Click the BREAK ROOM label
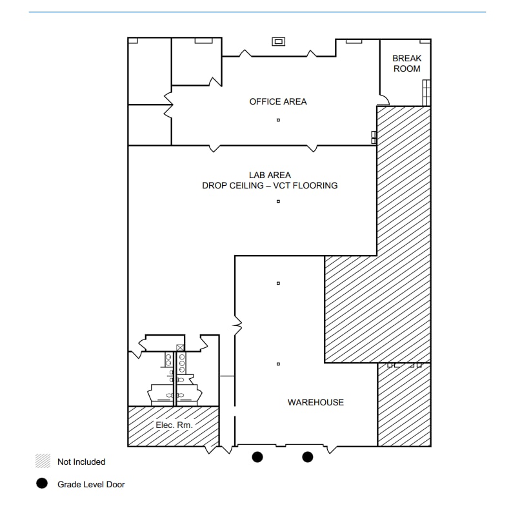(406, 63)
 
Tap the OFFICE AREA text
(278, 101)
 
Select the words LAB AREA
(270, 175)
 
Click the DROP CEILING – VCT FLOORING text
(270, 186)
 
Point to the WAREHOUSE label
(316, 402)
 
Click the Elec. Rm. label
(174, 425)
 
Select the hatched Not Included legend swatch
(43, 462)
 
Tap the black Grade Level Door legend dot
(42, 483)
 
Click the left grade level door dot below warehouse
(257, 457)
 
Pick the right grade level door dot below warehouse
(308, 457)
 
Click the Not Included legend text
(81, 462)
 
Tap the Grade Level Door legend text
(91, 483)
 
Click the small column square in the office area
(278, 120)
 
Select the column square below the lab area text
(278, 201)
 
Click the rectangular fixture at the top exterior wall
(279, 42)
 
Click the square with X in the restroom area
(181, 347)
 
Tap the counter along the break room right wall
(426, 92)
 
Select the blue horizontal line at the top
(257, 12)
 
